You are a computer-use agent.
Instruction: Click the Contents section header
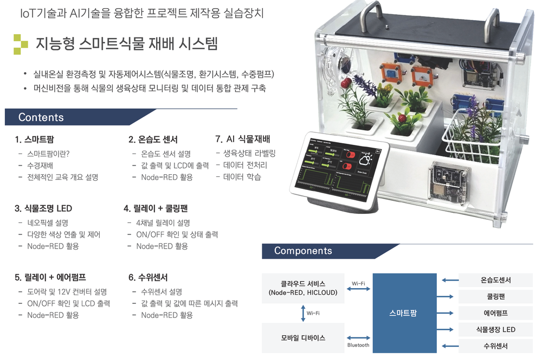(41, 117)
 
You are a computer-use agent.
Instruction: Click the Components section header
(303, 251)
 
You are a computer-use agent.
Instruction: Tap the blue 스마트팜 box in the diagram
(404, 313)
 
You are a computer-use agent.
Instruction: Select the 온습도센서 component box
(495, 281)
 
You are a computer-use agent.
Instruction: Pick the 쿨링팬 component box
(495, 297)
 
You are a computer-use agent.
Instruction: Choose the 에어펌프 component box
(495, 313)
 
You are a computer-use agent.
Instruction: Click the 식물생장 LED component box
(495, 329)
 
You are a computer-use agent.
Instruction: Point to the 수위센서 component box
(495, 346)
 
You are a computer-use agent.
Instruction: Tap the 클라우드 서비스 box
(302, 288)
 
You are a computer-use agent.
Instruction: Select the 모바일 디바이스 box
(302, 337)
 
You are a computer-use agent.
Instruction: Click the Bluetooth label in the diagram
(358, 345)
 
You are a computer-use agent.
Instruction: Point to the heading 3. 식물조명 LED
(43, 208)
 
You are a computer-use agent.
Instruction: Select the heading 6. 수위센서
(148, 277)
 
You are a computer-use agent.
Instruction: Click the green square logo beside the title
(20, 44)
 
